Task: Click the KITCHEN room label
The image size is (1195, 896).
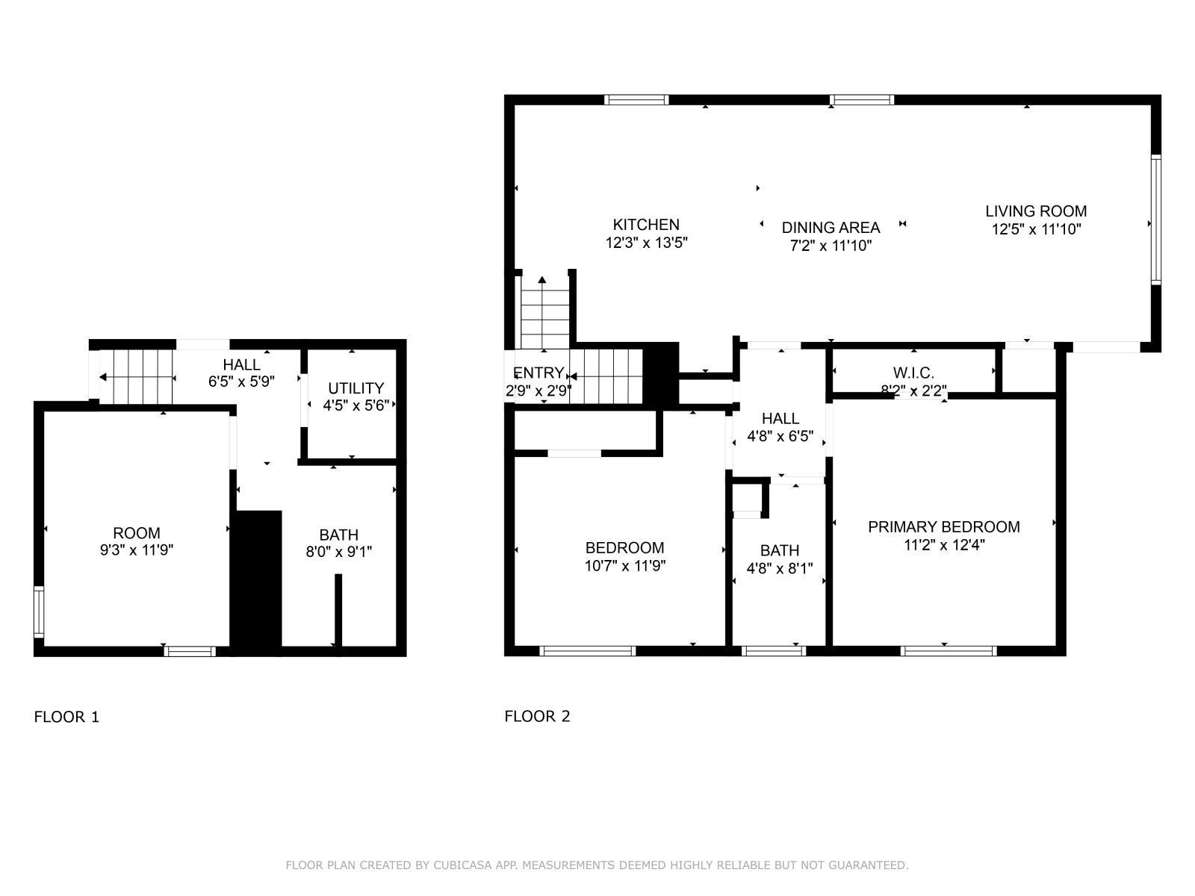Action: (646, 225)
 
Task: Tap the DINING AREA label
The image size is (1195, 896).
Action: (831, 228)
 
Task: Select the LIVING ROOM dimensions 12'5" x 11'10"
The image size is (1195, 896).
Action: (1036, 229)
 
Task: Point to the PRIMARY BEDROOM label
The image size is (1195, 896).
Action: (943, 526)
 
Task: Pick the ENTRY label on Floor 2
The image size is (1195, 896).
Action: (538, 373)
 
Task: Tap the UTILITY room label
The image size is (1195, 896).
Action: (356, 388)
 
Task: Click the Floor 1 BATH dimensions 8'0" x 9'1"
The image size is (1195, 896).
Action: (338, 553)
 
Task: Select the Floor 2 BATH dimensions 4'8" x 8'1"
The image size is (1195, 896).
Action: (780, 568)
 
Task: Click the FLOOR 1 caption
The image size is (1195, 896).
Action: (66, 717)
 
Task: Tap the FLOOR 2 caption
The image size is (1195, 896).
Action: (537, 717)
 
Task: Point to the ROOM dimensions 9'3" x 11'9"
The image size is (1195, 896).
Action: (136, 550)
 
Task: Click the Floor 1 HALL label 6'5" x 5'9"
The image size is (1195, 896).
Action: (241, 373)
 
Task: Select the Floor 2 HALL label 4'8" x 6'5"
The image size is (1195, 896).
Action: (780, 427)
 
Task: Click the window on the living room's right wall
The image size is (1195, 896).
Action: (1155, 220)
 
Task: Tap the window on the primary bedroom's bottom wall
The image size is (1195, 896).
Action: (949, 651)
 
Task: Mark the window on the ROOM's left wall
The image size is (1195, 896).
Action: (39, 612)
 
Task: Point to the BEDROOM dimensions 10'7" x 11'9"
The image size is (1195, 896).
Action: (625, 566)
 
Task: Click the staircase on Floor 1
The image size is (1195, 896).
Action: (136, 377)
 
